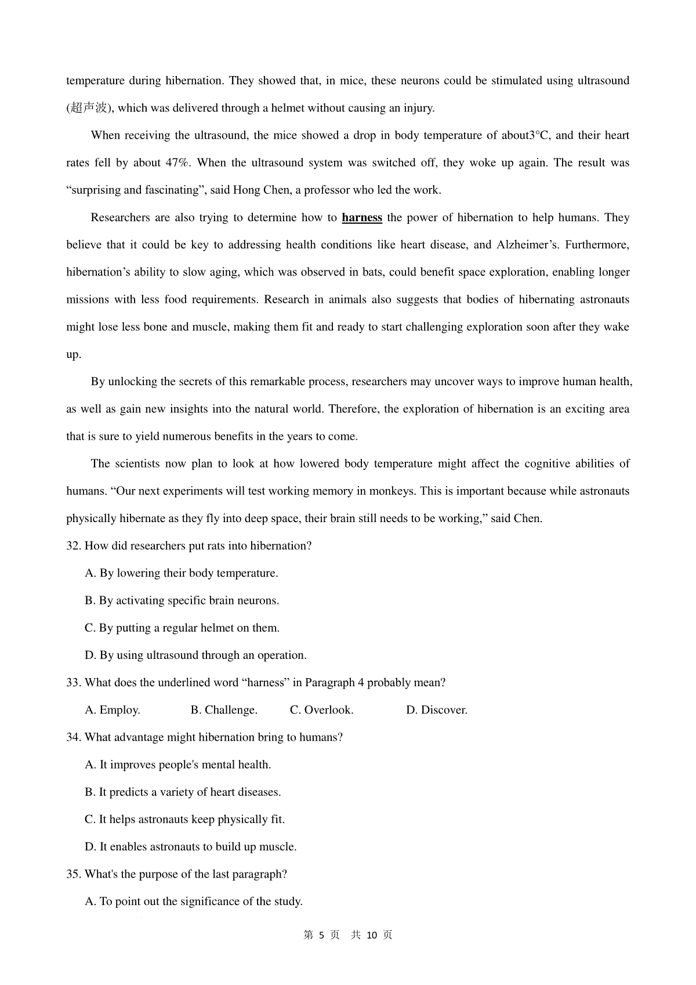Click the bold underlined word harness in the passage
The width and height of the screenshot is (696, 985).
(362, 218)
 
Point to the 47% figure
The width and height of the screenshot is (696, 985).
(177, 163)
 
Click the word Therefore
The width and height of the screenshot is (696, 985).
(353, 409)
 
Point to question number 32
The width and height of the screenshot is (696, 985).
(72, 546)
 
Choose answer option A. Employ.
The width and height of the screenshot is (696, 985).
(113, 710)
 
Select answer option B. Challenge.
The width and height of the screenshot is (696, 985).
(224, 710)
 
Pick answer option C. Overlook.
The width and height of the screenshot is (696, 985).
(321, 710)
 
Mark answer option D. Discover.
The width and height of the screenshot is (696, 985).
(436, 710)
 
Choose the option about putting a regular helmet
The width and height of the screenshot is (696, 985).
(182, 628)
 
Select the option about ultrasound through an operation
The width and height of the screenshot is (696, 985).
(195, 656)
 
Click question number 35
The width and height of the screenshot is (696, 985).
(72, 874)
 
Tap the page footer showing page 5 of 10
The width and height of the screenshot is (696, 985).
(348, 935)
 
